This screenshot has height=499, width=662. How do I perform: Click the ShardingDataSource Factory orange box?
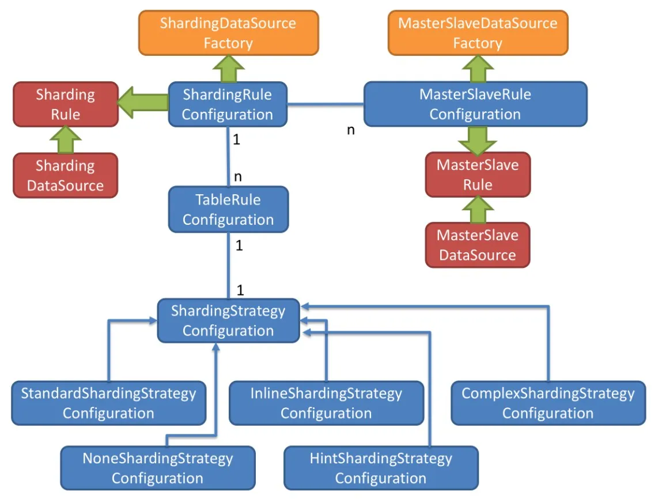pos(228,33)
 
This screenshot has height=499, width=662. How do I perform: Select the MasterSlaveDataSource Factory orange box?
pos(477,33)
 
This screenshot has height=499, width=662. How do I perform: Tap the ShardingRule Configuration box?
pos(228,104)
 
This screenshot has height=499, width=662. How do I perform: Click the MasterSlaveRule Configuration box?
pos(475,104)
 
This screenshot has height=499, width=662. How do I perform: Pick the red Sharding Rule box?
pos(65,104)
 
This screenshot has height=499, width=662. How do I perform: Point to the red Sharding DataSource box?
pos(65,175)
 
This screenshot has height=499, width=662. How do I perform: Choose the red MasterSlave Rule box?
pos(477,175)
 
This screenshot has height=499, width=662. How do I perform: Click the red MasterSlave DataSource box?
pos(477,245)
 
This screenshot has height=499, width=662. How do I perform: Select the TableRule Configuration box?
pos(228,209)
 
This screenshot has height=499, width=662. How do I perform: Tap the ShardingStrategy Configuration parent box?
pos(228,320)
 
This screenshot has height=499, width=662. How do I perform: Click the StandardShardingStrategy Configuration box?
pos(108,403)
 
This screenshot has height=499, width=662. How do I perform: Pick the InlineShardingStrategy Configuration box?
pos(326,403)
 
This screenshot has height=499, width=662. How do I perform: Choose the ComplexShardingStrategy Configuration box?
pos(548,403)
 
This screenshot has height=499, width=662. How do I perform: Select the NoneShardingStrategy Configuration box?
pos(157,468)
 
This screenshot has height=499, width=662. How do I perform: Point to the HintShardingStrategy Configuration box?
pos(381,468)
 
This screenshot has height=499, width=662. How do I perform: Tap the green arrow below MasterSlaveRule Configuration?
pos(477,139)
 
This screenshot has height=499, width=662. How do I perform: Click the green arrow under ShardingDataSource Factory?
pos(228,69)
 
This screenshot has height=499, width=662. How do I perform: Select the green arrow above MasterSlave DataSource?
pos(477,210)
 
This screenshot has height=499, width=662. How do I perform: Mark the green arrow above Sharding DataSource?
pos(65,139)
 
